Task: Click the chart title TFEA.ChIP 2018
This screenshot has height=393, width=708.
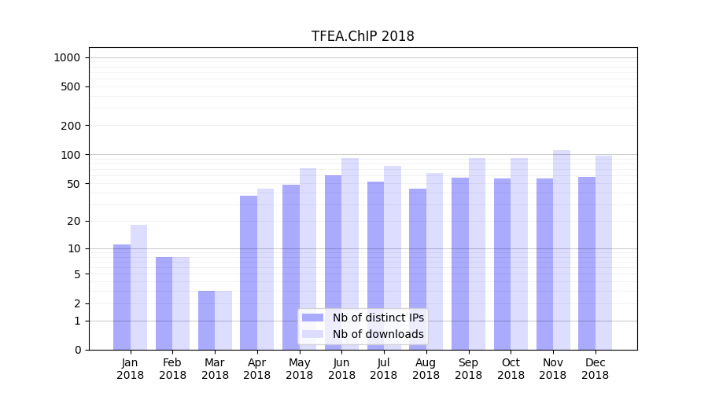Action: (x=363, y=36)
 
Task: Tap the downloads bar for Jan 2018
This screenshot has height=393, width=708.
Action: (x=139, y=287)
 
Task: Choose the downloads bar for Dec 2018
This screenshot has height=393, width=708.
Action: (x=603, y=252)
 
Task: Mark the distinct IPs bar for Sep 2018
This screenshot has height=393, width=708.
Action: (x=460, y=263)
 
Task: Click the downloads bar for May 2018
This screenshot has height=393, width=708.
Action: (x=308, y=259)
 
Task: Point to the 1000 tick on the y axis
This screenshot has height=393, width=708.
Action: (x=67, y=57)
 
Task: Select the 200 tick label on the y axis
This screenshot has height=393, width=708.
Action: (x=72, y=126)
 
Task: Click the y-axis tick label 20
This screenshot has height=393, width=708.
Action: (x=75, y=222)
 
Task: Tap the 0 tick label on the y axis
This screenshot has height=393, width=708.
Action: (x=77, y=350)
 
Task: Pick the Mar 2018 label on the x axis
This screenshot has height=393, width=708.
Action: (x=215, y=369)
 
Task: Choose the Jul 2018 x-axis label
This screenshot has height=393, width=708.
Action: (x=384, y=369)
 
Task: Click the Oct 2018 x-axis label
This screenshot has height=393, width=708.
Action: (x=511, y=369)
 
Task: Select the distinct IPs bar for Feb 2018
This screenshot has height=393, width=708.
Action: (x=164, y=303)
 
